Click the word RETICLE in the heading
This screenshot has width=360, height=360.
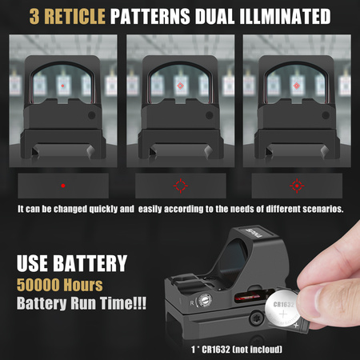(74, 17)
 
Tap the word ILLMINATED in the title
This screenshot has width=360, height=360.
(285, 17)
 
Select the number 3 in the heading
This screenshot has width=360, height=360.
(34, 17)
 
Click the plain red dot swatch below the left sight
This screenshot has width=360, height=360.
(63, 186)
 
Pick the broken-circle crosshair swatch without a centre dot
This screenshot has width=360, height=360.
(181, 186)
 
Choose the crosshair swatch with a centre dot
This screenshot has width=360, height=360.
(297, 186)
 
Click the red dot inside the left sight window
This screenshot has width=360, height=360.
(62, 86)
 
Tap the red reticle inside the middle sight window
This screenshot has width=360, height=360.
(181, 86)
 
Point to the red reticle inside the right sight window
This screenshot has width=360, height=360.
(297, 86)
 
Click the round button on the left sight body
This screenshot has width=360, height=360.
(92, 115)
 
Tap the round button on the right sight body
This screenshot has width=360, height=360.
(326, 115)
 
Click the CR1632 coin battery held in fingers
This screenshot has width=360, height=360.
(283, 310)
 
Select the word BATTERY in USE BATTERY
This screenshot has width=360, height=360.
(90, 263)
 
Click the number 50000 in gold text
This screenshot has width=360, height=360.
(38, 285)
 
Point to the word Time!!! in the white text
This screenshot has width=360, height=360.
(123, 303)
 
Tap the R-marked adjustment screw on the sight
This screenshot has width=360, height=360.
(205, 301)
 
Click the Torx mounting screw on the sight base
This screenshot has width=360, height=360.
(257, 319)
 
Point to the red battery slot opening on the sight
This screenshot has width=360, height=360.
(251, 296)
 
